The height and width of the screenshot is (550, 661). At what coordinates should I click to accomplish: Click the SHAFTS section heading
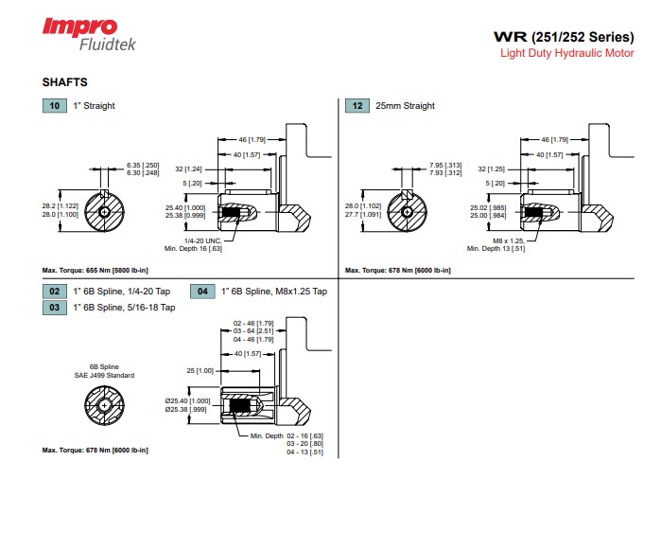click(x=64, y=82)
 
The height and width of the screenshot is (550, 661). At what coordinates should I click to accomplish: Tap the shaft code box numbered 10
click(x=54, y=105)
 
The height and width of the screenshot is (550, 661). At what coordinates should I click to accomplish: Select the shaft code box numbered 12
click(x=357, y=105)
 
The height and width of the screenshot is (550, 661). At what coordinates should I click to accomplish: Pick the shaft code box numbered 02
click(x=54, y=292)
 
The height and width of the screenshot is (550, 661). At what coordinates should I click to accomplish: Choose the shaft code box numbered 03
click(x=54, y=307)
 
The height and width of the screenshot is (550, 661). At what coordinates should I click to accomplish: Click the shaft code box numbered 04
click(x=203, y=292)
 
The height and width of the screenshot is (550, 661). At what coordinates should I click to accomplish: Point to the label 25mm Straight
click(x=405, y=106)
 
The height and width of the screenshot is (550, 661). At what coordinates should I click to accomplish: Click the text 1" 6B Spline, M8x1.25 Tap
click(x=273, y=292)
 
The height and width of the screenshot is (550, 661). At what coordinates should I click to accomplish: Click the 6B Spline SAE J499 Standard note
click(x=104, y=370)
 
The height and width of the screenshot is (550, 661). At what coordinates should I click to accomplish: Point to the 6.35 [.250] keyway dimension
click(x=143, y=165)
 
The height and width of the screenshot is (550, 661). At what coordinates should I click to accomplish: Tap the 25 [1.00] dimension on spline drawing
click(x=200, y=369)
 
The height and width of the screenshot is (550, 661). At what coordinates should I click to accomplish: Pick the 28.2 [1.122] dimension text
click(x=60, y=204)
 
